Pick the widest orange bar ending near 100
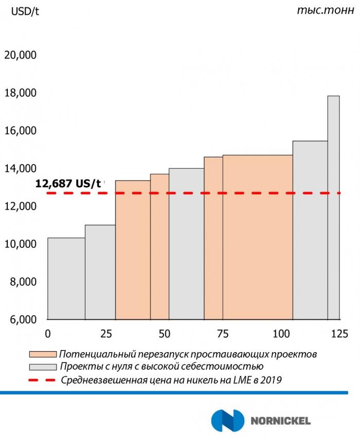258,237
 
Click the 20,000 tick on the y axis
20,55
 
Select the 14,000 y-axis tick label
20,169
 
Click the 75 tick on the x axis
223,333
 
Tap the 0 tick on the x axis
48,333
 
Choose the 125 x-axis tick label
340,333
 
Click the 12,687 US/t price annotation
68,182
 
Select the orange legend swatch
42,355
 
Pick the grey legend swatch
42,367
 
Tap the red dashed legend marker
42,380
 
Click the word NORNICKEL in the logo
280,421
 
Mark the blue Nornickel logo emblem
226,421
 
